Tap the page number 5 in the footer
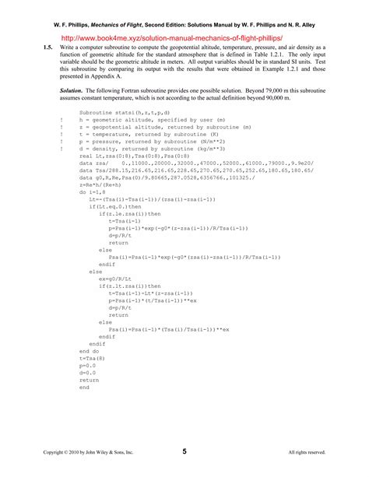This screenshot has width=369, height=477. [184, 451]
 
